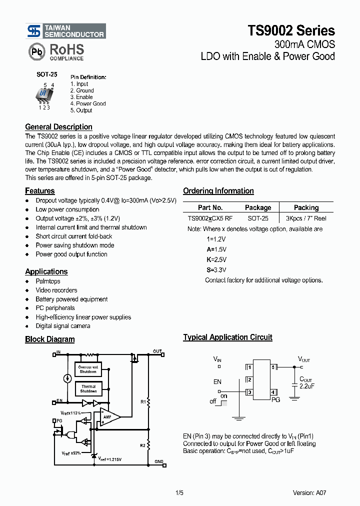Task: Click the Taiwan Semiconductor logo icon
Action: click(34, 31)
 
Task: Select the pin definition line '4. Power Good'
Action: click(88, 103)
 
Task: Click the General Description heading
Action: click(58, 127)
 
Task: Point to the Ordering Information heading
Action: click(218, 191)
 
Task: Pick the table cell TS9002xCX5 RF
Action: click(210, 218)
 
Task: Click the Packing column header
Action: click(306, 207)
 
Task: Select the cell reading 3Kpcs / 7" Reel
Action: click(306, 218)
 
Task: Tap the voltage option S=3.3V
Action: click(216, 269)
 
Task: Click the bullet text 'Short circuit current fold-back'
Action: click(74, 236)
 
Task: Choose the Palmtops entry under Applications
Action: click(48, 281)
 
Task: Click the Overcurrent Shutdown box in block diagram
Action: click(88, 369)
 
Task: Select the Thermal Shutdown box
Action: click(88, 388)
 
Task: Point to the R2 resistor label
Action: click(142, 444)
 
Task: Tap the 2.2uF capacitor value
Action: click(306, 386)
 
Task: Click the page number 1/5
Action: click(179, 492)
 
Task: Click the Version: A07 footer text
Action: click(309, 492)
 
